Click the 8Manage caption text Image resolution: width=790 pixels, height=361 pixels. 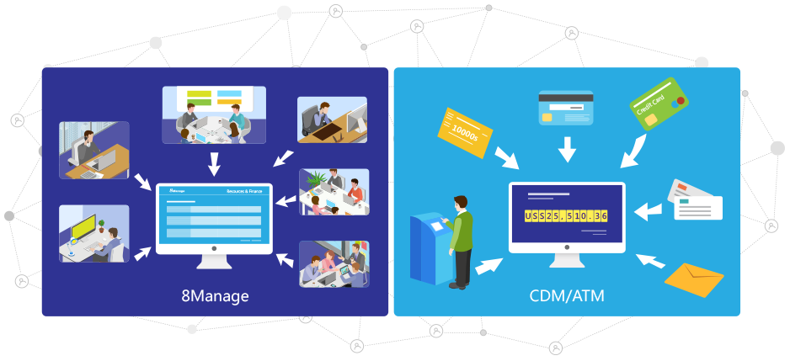(x=215, y=296)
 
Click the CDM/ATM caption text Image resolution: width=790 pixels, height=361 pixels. (x=567, y=296)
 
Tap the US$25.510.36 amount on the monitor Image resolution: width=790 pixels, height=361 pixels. (x=566, y=216)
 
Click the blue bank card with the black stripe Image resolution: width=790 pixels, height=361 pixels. (x=565, y=108)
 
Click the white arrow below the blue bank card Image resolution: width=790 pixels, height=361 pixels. (x=567, y=149)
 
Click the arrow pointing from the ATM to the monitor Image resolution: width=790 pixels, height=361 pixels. (x=488, y=265)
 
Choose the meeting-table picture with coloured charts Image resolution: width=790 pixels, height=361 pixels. (x=214, y=114)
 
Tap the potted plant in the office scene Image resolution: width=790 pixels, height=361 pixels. (x=316, y=179)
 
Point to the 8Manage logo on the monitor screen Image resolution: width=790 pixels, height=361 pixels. (x=176, y=191)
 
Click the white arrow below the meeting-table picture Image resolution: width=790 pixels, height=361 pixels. (x=214, y=162)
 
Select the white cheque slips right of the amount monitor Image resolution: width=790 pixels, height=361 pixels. (x=695, y=200)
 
